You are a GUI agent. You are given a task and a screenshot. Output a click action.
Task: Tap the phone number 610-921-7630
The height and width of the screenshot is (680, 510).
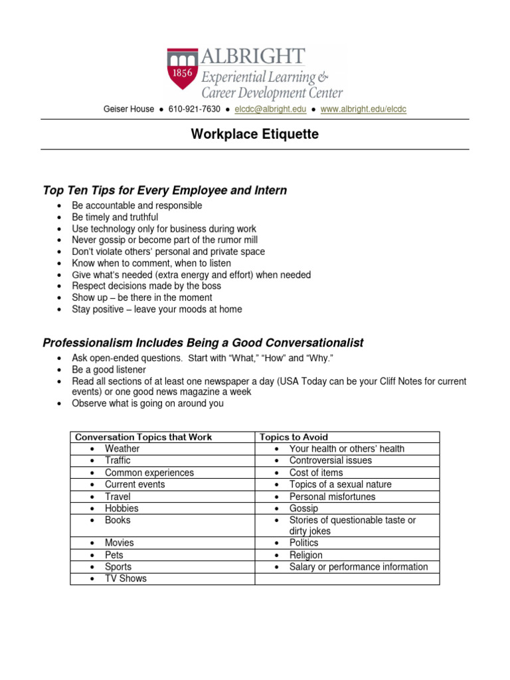[x=195, y=109]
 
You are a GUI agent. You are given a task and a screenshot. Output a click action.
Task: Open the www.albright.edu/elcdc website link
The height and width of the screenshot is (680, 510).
[x=363, y=109]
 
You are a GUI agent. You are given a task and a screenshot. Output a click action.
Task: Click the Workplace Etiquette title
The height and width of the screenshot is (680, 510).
[x=255, y=135]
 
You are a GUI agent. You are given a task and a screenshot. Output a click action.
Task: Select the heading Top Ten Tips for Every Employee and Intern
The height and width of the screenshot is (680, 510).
[x=165, y=191]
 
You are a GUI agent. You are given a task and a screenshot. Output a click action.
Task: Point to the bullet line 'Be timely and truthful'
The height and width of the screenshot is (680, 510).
[x=115, y=217]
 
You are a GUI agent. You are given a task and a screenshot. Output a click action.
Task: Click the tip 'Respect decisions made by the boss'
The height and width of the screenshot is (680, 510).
[x=147, y=286]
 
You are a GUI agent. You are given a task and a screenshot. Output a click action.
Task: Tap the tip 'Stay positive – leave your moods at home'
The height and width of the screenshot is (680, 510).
[x=157, y=309]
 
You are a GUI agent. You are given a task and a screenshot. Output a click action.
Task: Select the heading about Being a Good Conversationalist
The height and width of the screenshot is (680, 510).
[x=203, y=343]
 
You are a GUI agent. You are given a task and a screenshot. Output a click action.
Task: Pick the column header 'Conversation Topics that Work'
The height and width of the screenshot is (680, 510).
[x=143, y=437]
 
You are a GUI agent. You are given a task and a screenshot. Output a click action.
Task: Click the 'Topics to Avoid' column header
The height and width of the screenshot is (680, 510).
[x=294, y=437]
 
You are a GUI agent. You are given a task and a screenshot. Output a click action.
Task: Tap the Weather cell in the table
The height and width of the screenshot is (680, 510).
[x=122, y=449]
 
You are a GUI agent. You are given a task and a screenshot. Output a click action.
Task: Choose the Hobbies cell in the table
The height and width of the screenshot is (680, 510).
[x=122, y=509]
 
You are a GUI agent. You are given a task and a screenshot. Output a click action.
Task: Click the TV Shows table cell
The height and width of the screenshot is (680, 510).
[x=126, y=578]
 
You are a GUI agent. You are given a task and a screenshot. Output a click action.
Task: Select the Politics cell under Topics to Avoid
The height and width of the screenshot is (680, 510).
[x=303, y=543]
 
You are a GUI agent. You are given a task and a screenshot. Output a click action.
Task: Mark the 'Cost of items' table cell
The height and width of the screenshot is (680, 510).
[x=316, y=473]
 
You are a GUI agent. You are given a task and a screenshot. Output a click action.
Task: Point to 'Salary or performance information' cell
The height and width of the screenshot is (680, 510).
[x=359, y=567]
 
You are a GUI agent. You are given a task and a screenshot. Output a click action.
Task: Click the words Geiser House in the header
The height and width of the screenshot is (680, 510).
[x=128, y=109]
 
